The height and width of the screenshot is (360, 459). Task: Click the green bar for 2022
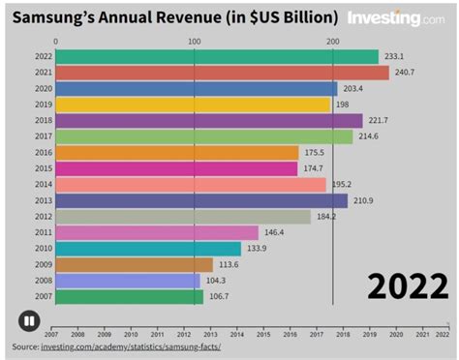click(217, 57)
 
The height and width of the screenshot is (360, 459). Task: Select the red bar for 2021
click(222, 73)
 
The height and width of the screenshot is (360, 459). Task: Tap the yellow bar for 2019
click(193, 105)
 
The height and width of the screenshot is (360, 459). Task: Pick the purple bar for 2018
click(209, 120)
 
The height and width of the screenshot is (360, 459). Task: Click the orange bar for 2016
click(177, 152)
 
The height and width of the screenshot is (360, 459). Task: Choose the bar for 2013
click(201, 200)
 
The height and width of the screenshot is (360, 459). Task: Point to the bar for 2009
click(135, 264)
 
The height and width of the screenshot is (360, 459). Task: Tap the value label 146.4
click(275, 232)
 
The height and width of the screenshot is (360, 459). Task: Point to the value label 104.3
click(215, 281)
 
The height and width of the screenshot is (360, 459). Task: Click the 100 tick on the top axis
click(194, 42)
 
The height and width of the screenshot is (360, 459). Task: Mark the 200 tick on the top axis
click(333, 42)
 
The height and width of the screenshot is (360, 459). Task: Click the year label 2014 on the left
click(43, 184)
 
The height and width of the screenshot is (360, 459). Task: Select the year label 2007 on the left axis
click(43, 296)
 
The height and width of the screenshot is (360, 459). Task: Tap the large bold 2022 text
click(407, 287)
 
